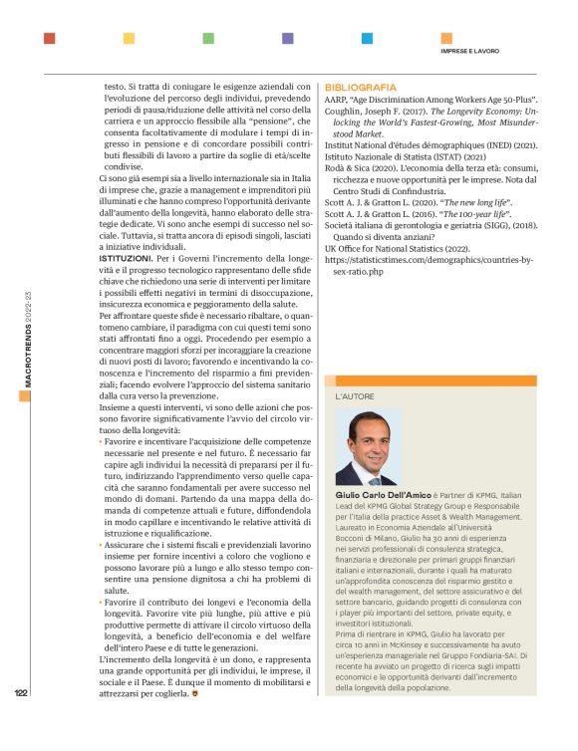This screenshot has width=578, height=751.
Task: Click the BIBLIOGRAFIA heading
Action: [360, 88]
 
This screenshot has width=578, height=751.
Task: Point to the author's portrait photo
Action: [369, 447]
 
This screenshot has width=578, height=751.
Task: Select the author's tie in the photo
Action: [372, 473]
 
